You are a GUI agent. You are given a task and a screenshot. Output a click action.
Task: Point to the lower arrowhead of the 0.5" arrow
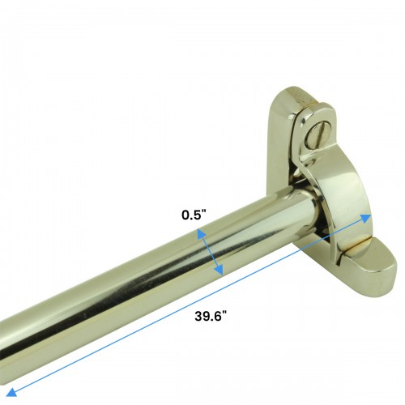point(221,272)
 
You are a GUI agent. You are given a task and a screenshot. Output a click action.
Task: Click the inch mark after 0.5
point(207,215)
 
